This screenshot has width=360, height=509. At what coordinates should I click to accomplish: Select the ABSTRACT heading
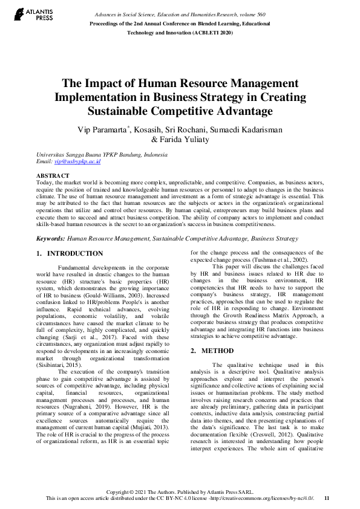(x=53, y=175)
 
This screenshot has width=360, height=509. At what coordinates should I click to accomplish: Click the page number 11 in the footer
(x=327, y=498)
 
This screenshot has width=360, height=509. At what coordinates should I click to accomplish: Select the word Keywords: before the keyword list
(x=51, y=239)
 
